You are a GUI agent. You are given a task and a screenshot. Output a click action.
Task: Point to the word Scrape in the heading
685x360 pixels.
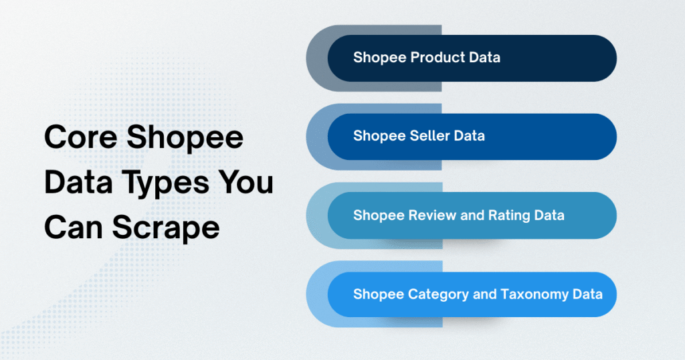pyautogui.click(x=167, y=228)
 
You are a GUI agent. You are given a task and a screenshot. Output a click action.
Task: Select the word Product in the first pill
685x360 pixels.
pyautogui.click(x=438, y=58)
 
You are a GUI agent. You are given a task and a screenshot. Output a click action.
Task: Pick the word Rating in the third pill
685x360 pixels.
pyautogui.click(x=508, y=215)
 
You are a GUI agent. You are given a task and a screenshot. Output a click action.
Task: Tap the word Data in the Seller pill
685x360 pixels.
pyautogui.click(x=469, y=136)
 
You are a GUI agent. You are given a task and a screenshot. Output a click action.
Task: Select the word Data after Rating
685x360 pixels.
pyautogui.click(x=549, y=215)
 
